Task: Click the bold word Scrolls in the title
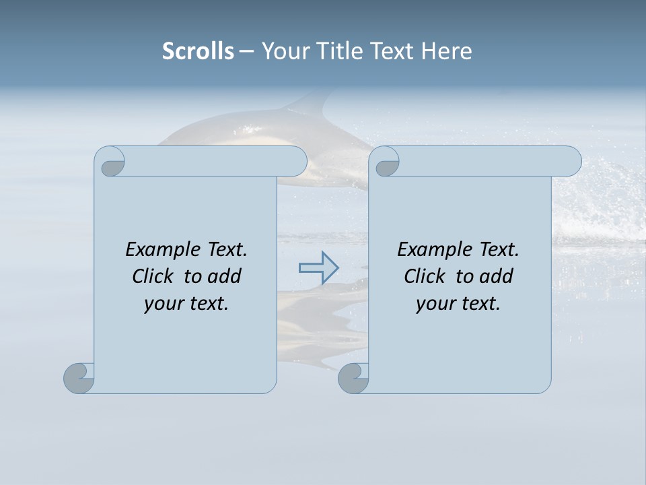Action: coord(198,51)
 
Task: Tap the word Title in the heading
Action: coord(340,51)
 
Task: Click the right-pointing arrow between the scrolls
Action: coord(319,267)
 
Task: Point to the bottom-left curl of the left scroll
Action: coord(79,378)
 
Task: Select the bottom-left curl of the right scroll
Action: coord(353,378)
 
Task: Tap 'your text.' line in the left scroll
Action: coord(186,303)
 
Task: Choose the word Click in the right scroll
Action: coord(425,276)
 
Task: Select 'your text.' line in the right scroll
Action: coord(458,303)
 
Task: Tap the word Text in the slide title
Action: coord(391,51)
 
